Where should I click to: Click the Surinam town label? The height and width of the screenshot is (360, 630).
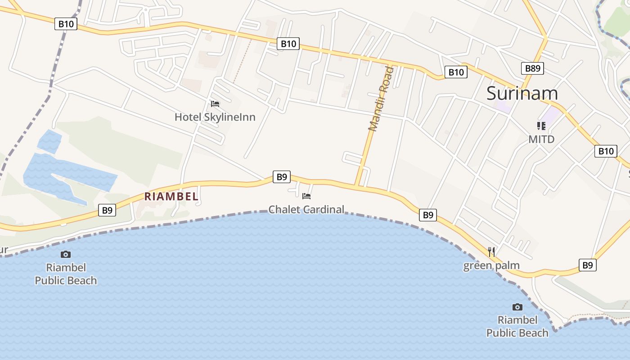[522, 93]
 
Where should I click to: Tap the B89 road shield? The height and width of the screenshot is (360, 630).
[533, 68]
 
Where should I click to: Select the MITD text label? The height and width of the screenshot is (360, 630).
[541, 139]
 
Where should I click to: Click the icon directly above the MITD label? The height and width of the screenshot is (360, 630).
[541, 126]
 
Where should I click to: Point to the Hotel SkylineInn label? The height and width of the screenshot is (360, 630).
[215, 117]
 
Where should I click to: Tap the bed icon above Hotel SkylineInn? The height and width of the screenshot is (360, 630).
[215, 104]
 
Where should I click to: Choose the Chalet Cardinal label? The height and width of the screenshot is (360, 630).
[306, 209]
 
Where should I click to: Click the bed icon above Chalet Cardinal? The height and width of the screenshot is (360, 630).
[306, 196]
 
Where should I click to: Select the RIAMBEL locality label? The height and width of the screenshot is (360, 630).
[171, 197]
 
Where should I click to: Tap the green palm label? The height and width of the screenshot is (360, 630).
[491, 265]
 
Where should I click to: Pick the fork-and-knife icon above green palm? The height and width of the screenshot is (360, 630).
[491, 252]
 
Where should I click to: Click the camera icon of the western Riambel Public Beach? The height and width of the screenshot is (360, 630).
[66, 254]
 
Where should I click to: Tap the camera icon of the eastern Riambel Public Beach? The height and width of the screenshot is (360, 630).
[517, 307]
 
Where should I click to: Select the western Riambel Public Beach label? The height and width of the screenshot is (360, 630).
[66, 274]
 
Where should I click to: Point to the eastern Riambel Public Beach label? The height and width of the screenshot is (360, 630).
[517, 326]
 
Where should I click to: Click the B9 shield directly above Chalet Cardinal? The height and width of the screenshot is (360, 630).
[282, 177]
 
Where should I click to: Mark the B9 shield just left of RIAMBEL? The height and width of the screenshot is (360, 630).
[107, 210]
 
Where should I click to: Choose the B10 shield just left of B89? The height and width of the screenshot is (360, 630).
[456, 72]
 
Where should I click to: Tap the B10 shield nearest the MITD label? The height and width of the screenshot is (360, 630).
[605, 151]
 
